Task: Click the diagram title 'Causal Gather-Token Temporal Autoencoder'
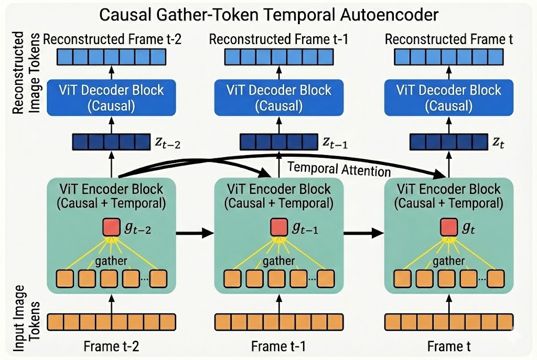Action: pos(268,14)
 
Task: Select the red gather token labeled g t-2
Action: pos(111,227)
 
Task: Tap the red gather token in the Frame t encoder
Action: pos(447,227)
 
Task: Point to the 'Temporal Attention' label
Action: pos(339,170)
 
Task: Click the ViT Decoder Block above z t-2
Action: pos(111,97)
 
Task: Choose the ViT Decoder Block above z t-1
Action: pos(279,97)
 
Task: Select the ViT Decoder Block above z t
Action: pos(449,97)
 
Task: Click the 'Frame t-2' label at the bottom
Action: pos(111,346)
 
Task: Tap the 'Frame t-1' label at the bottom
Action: pos(278,346)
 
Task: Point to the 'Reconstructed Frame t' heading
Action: pos(449,39)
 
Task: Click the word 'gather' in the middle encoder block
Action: pos(279,261)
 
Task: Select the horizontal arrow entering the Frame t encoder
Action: pos(363,232)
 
